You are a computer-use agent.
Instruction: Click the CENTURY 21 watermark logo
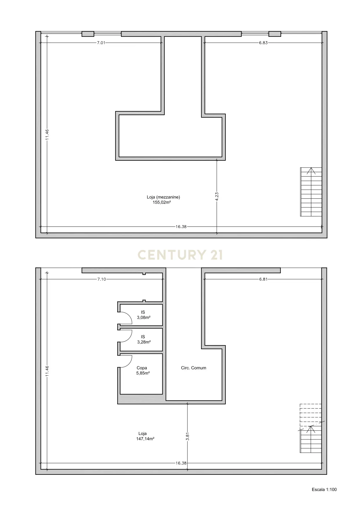tap(180, 255)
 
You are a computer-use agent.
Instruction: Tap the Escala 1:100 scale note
tap(324, 490)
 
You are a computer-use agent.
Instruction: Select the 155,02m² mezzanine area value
tap(162, 202)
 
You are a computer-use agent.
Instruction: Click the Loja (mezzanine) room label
tap(163, 197)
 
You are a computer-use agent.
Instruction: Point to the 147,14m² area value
tap(145, 439)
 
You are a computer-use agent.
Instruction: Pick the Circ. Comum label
tap(193, 368)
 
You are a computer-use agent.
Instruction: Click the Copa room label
tap(142, 368)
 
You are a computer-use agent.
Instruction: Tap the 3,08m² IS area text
tap(144, 317)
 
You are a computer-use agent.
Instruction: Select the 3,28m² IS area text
tap(144, 342)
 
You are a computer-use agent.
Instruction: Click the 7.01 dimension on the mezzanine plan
tap(101, 43)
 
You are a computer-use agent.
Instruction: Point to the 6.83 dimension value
tap(263, 43)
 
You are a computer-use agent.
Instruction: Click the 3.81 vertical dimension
tap(187, 437)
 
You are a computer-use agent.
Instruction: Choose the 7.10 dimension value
tap(102, 279)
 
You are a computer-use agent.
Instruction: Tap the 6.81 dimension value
tap(263, 279)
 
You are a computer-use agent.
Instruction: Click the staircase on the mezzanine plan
tap(311, 192)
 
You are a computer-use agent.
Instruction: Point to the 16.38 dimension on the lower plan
tap(181, 463)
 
